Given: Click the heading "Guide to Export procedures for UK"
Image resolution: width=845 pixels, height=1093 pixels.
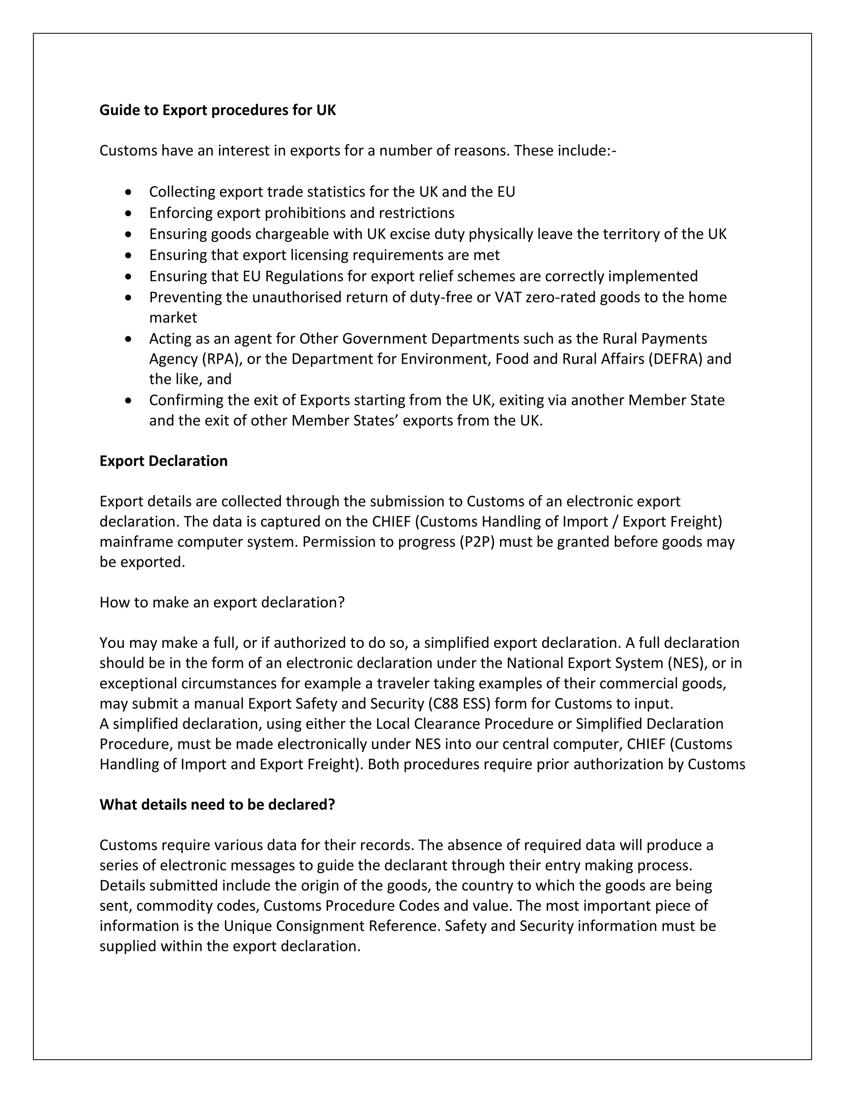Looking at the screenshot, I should tap(218, 110).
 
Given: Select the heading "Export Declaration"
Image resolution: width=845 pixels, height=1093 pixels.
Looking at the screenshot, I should tap(163, 461).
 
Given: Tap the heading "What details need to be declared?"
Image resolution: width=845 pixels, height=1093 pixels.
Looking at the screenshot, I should tap(217, 804).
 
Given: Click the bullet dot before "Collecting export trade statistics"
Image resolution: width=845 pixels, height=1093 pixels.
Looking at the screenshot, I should tap(129, 192).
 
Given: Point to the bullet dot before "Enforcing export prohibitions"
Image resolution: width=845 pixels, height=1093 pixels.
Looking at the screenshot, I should tap(129, 213).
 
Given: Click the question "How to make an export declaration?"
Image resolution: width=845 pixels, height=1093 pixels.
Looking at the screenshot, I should tap(222, 602).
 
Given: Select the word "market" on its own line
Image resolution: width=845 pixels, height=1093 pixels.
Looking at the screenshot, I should tap(173, 318).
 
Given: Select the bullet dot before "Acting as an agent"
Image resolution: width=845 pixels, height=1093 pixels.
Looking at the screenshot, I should tap(129, 339).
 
